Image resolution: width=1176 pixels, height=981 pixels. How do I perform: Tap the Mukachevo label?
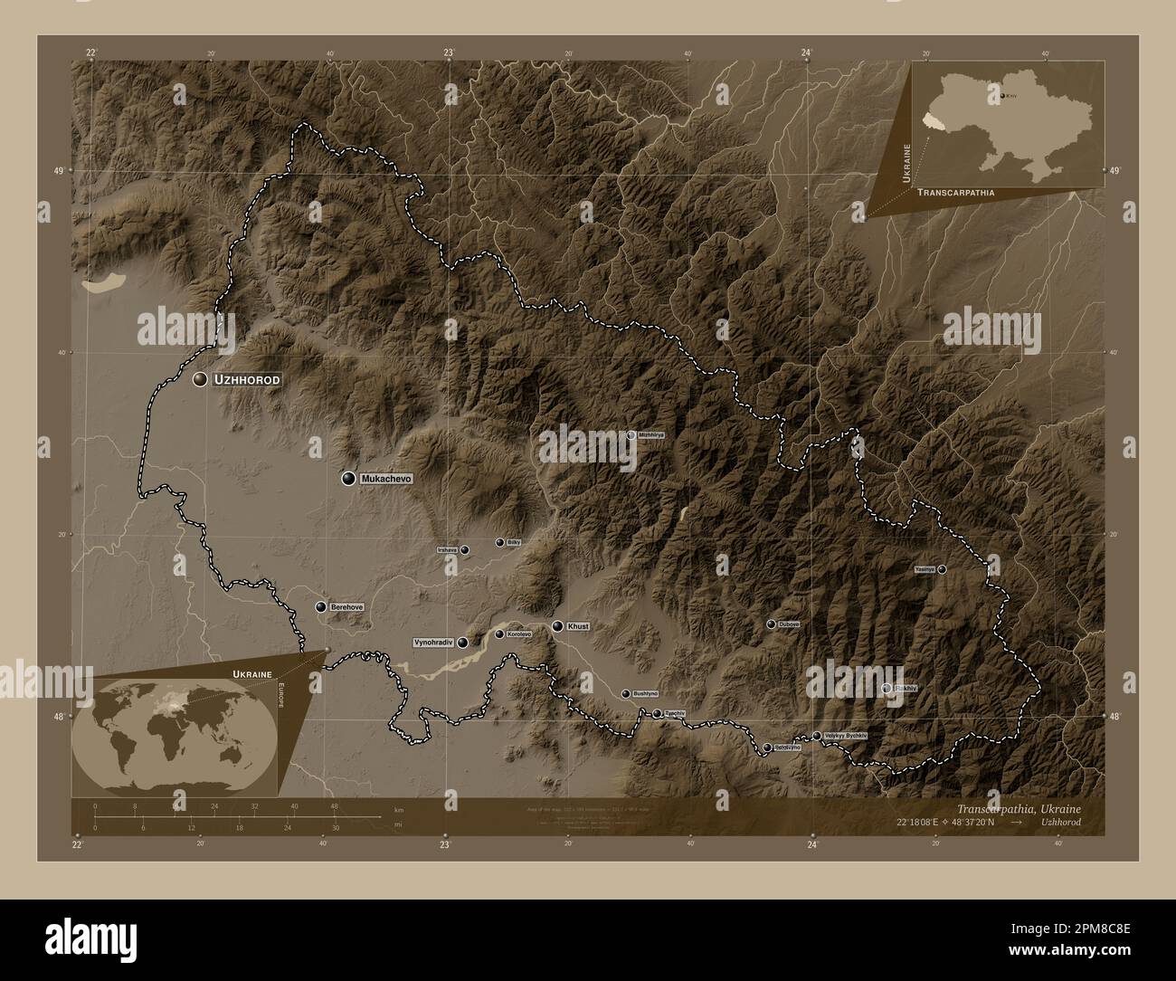(386, 478)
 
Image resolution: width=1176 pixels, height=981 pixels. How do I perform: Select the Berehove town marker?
(321, 606)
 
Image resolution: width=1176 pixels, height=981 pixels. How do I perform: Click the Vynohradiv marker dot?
(463, 643)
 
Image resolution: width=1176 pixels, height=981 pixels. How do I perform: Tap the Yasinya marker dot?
(942, 569)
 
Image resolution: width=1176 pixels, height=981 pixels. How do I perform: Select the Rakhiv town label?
(906, 689)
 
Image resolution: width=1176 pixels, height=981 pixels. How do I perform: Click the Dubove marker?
(771, 624)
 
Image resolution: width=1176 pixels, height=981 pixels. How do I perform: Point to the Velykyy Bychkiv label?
(846, 736)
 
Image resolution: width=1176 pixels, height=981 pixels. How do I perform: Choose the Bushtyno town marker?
(625, 694)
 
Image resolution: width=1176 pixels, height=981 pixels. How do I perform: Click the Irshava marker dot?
(464, 549)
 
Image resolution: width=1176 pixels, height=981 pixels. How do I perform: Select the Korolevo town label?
(519, 634)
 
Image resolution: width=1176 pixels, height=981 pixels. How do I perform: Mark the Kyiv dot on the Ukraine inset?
(1001, 93)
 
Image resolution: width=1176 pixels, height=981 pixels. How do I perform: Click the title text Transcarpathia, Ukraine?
(1018, 807)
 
